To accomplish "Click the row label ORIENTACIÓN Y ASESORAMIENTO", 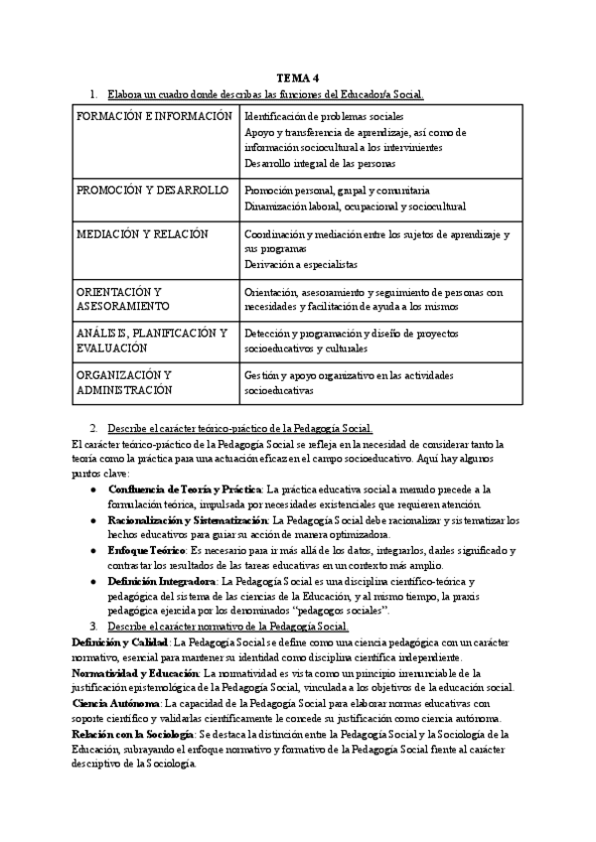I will [x=119, y=299].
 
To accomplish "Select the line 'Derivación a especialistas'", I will [x=301, y=265].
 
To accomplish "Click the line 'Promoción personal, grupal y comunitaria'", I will [x=337, y=190].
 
